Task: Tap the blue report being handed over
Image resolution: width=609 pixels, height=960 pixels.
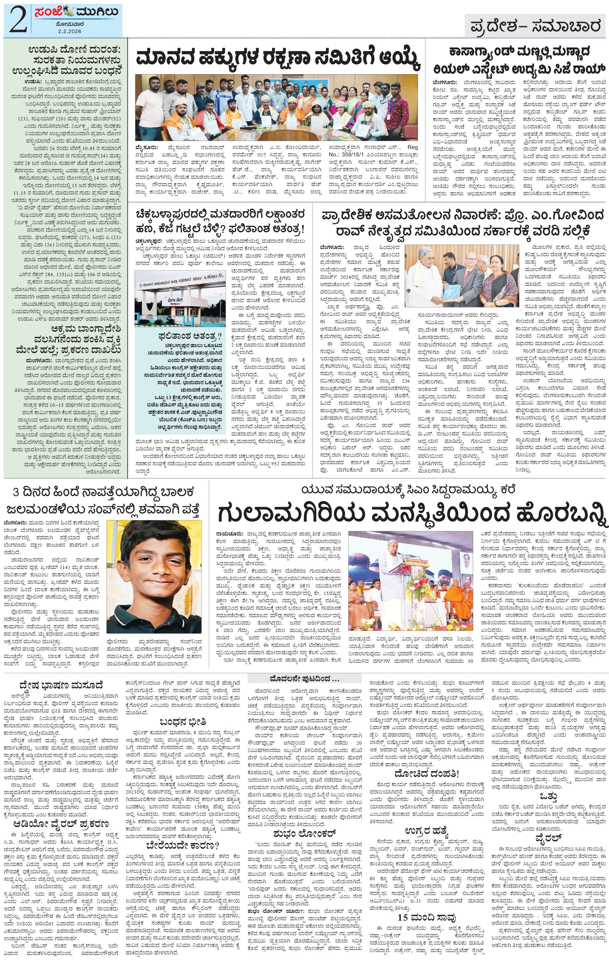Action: click(453, 292)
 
